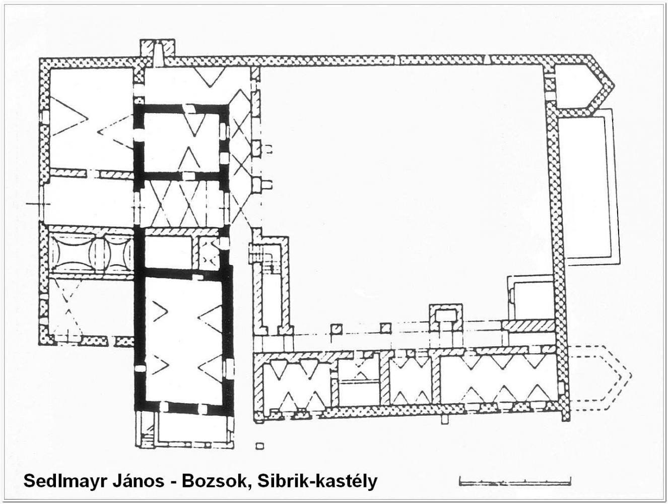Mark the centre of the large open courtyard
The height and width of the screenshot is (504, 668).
pos(402,195)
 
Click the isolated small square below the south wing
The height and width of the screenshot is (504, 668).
pos(259,446)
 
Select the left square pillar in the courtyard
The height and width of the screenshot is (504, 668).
pos(337,329)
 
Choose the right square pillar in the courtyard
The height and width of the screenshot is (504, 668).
pos(386,328)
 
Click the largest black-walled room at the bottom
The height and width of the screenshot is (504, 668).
pos(183,340)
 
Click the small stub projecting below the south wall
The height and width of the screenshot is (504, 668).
pos(445,419)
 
